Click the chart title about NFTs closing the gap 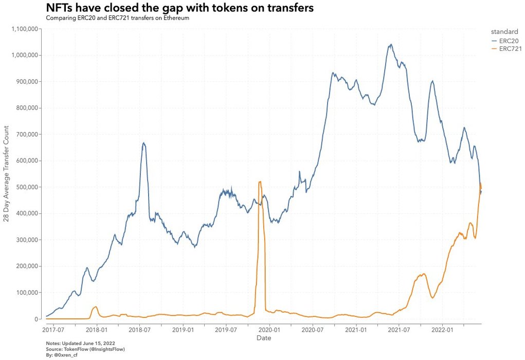point(179,9)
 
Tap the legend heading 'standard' point(504,31)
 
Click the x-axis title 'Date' point(264,338)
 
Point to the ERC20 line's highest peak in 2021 point(391,44)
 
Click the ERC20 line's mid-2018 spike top point(144,143)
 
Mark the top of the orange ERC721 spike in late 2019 point(260,182)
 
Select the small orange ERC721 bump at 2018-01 point(95,307)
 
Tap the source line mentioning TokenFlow point(85,349)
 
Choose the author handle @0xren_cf point(63,355)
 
